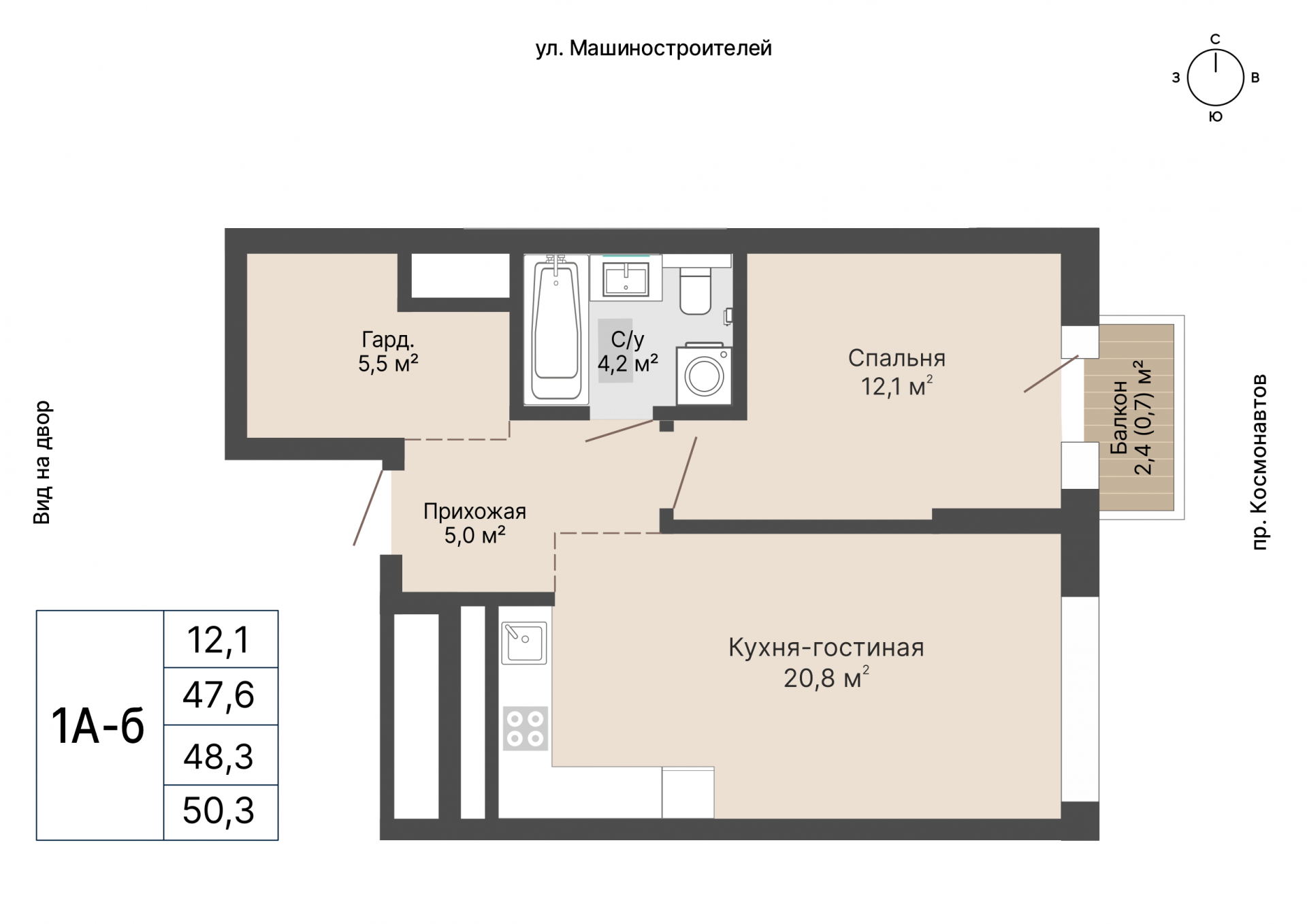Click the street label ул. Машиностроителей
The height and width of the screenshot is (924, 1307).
coord(653,49)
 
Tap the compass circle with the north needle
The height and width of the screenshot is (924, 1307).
coord(1215,78)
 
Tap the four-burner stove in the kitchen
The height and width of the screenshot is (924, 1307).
coord(526,728)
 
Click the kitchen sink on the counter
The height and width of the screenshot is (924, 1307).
coord(524,642)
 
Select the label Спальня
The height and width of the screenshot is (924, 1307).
coord(897,358)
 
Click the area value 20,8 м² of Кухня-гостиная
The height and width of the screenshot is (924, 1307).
coord(826,678)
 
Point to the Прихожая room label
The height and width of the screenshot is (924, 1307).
coord(474,511)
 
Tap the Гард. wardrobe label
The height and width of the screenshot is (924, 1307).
coord(388,339)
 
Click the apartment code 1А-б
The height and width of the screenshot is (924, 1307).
coord(98,726)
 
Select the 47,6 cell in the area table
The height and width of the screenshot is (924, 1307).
coord(219,696)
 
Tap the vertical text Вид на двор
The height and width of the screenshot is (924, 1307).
coord(42,462)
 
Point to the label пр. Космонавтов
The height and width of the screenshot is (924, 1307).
coord(1260,461)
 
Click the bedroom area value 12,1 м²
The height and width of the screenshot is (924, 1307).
coord(897,386)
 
